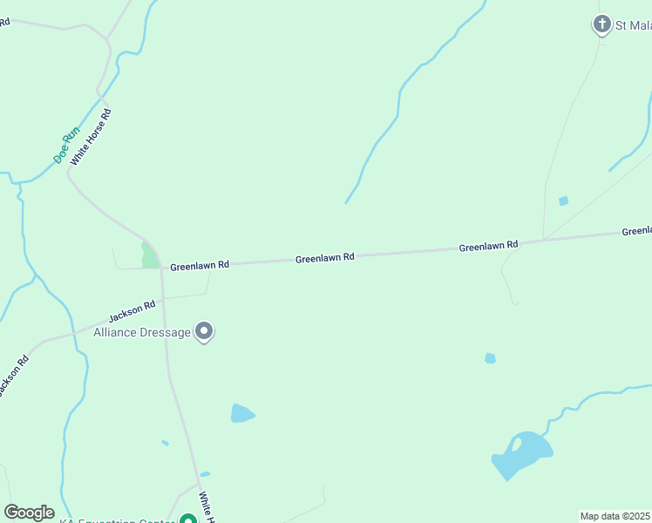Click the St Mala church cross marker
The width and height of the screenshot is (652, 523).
601,24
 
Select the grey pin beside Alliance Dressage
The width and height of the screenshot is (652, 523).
204,331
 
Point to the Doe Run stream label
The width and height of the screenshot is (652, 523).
66,146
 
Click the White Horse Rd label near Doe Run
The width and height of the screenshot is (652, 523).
91,138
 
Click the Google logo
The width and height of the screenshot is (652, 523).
29,513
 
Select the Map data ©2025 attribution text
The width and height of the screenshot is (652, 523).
615,516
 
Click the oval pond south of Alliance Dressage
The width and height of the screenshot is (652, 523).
241,413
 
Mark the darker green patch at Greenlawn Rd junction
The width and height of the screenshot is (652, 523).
149,255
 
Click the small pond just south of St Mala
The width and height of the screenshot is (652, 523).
563,201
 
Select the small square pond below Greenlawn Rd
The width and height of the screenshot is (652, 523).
490,358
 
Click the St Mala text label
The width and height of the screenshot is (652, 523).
633,25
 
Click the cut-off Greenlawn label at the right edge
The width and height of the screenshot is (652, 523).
636,231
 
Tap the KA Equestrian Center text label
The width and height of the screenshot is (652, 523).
118,520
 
